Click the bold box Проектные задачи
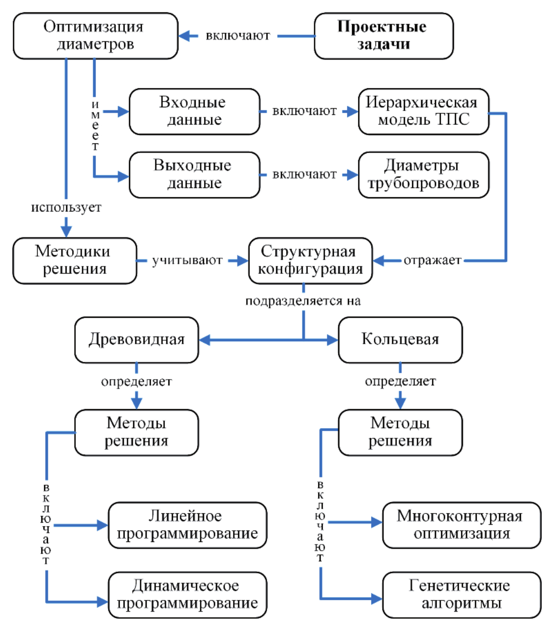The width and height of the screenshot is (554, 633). pos(384,36)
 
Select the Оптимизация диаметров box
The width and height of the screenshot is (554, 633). pos(95,36)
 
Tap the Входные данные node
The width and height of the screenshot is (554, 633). pos(194,111)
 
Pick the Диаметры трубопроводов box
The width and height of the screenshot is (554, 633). pos(423,174)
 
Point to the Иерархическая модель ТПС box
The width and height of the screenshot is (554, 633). pos(423,111)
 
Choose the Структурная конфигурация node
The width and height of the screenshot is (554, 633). pos(310,260)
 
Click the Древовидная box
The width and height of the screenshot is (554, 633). pos(136,340)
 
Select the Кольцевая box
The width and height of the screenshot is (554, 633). pos(400,340)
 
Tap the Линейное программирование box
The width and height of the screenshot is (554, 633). pos(187,525)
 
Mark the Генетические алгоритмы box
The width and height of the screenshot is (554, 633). pos(461,595)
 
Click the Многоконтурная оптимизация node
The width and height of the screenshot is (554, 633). pos(461,525)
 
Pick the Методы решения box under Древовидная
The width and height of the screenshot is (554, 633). pos(136,432)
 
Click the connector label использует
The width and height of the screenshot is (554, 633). pos(66,207)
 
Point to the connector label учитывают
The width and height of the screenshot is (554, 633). pos(187,261)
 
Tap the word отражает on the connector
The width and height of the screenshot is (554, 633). pos(432,261)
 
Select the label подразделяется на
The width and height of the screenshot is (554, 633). pos(303,301)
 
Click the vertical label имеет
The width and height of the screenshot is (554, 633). pos(95,126)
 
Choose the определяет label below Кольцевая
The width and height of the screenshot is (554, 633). pos(400,381)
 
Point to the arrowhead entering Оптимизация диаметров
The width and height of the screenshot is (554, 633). pos(185,36)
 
